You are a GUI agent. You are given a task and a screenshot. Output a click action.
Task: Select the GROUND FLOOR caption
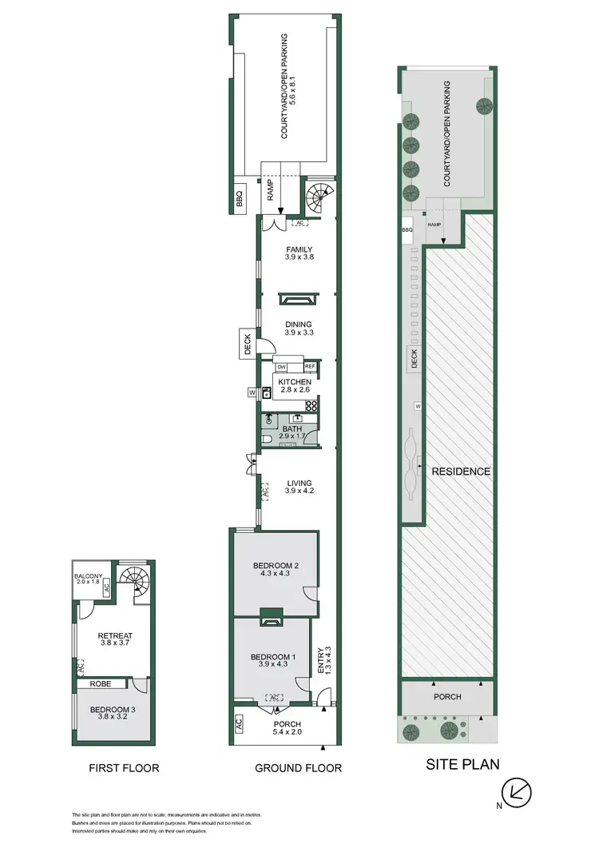297,768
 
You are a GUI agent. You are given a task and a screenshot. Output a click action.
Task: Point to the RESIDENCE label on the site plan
461,471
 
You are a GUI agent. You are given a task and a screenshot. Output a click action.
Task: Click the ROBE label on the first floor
100,683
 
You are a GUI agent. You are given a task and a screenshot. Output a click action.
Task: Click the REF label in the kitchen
310,366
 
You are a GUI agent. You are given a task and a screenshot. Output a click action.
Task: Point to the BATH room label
292,428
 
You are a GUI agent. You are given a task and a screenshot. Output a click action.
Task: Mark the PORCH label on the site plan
447,696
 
